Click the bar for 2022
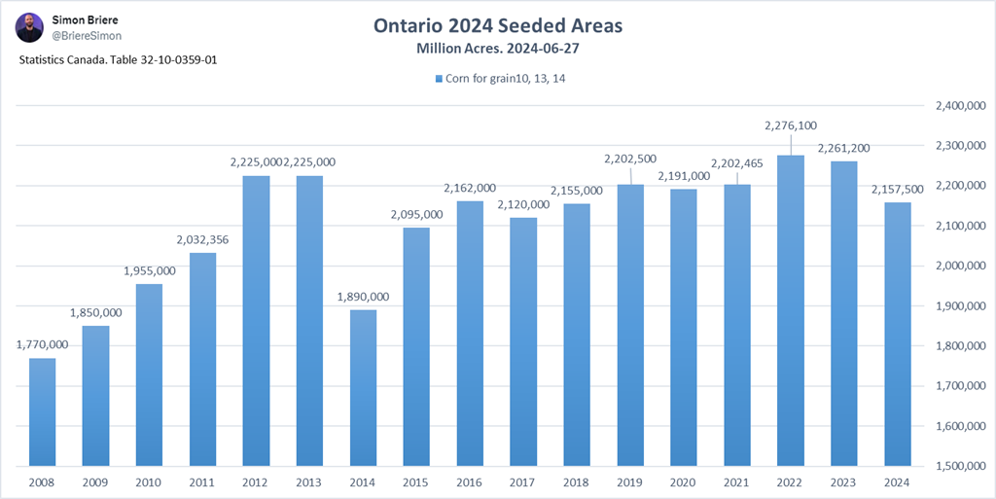pyautogui.click(x=790, y=310)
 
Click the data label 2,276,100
pyautogui.click(x=791, y=125)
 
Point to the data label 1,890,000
pyautogui.click(x=363, y=297)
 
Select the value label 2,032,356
pyautogui.click(x=202, y=239)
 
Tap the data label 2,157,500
pyautogui.click(x=898, y=189)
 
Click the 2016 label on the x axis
pyautogui.click(x=470, y=481)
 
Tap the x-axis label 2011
pyautogui.click(x=202, y=481)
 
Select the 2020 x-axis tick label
pyautogui.click(x=684, y=481)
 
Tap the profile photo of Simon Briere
pyautogui.click(x=29, y=27)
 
